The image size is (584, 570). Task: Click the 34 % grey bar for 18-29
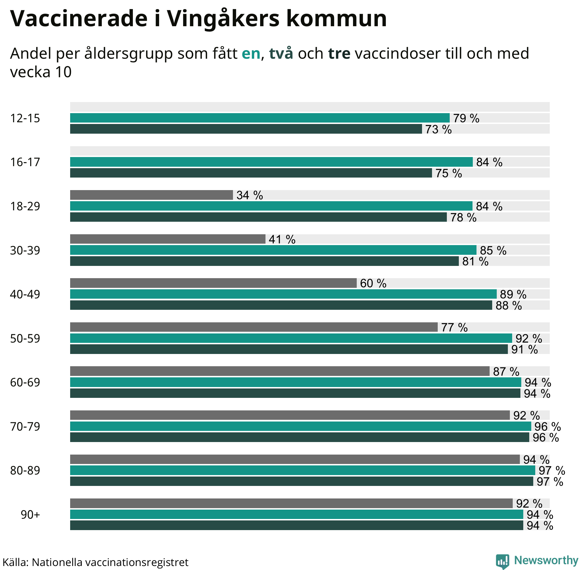point(151,195)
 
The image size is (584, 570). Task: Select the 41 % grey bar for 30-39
point(168,239)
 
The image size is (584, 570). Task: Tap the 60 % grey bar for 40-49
point(213,283)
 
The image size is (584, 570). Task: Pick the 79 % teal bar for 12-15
point(260,118)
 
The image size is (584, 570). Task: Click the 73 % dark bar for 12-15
point(246,129)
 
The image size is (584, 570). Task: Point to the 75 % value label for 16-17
point(448,173)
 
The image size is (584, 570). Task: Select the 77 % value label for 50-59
point(454,327)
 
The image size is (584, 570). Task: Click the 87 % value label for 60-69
point(506,372)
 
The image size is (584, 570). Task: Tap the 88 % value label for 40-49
point(508,306)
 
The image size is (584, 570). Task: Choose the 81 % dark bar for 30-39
point(264,261)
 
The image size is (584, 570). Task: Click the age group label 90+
point(30,515)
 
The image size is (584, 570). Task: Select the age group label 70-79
point(25,426)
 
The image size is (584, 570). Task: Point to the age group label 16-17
point(25,162)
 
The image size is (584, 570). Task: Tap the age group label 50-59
point(25,338)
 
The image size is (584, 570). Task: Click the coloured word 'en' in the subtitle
point(251,54)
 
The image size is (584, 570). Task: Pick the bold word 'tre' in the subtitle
point(339,54)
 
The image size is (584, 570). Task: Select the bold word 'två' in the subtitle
point(281,54)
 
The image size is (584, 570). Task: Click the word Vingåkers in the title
point(222,19)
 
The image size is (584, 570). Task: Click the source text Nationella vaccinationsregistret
point(110,562)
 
